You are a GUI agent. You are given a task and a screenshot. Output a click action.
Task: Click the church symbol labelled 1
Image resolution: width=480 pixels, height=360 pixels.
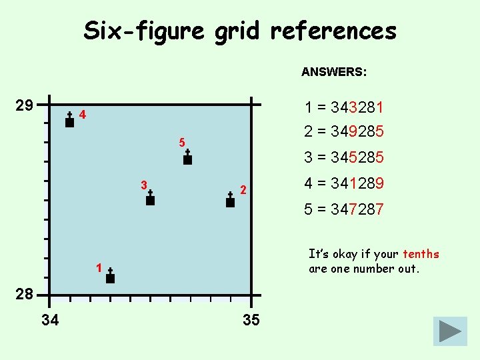pyautogui.click(x=110, y=276)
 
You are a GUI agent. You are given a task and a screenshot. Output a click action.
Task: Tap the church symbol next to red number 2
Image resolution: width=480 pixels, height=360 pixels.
pyautogui.click(x=230, y=200)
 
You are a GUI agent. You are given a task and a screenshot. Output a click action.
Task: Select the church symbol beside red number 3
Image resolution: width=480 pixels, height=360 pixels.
pyautogui.click(x=150, y=198)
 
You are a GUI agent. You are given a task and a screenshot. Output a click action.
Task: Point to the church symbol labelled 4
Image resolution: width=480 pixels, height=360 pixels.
pyautogui.click(x=69, y=120)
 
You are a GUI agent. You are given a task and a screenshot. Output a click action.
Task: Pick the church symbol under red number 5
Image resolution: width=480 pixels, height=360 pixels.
pyautogui.click(x=187, y=158)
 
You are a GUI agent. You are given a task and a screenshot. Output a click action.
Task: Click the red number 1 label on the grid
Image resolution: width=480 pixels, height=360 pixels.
pyautogui.click(x=98, y=268)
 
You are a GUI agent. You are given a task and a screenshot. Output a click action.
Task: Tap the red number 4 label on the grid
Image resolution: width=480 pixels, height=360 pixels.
pyautogui.click(x=82, y=115)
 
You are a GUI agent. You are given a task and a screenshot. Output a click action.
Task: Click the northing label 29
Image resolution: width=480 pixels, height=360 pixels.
pyautogui.click(x=25, y=105)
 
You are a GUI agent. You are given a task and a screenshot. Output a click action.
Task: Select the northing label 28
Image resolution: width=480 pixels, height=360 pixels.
pyautogui.click(x=25, y=294)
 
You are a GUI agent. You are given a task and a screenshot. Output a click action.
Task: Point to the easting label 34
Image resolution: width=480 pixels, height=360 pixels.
pyautogui.click(x=50, y=321)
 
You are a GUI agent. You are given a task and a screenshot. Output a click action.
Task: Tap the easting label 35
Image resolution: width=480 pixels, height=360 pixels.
pyautogui.click(x=251, y=321)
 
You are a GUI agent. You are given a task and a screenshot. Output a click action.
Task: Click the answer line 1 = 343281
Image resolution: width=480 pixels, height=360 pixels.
pyautogui.click(x=343, y=107)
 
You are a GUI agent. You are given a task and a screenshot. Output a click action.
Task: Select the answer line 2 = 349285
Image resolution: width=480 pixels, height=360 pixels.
pyautogui.click(x=343, y=131)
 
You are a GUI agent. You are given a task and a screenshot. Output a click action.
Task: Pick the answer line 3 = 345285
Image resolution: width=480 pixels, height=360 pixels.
pyautogui.click(x=343, y=158)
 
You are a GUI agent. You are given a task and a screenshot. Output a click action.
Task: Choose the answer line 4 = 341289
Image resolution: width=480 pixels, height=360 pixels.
pyautogui.click(x=343, y=183)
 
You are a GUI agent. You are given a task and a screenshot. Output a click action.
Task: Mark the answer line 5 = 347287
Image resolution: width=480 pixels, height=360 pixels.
pyautogui.click(x=343, y=209)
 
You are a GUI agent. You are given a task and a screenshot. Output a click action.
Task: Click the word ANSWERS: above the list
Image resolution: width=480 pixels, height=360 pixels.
pyautogui.click(x=333, y=71)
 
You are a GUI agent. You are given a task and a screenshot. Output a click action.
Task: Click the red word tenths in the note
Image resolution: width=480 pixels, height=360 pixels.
pyautogui.click(x=421, y=254)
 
